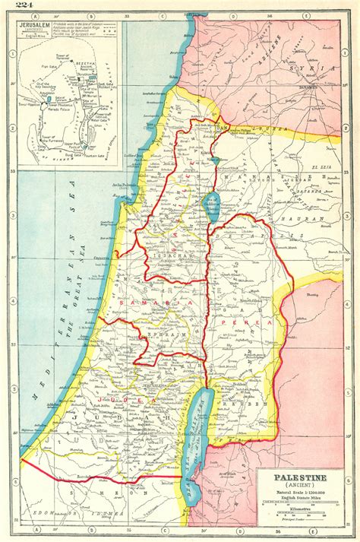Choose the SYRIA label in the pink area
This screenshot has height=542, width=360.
[319, 69]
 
